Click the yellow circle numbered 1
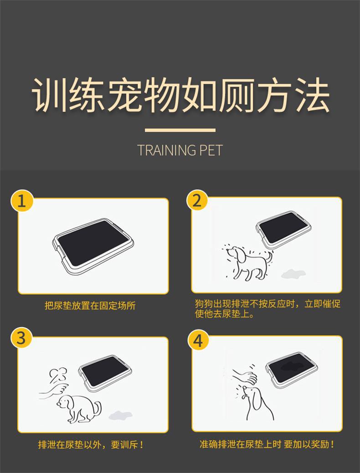pyautogui.click(x=22, y=201)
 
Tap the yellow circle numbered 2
pyautogui.click(x=197, y=201)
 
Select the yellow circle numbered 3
pyautogui.click(x=21, y=338)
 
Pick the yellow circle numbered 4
pyautogui.click(x=198, y=340)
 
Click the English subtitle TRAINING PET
pyautogui.click(x=180, y=150)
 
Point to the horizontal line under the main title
pyautogui.click(x=180, y=130)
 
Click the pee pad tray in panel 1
pyautogui.click(x=93, y=247)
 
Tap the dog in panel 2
pyautogui.click(x=247, y=262)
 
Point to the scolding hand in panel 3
pyautogui.click(x=54, y=389)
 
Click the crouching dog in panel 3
pyautogui.click(x=79, y=409)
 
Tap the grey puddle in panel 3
pyautogui.click(x=120, y=415)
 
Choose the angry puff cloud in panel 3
pyautogui.click(x=58, y=375)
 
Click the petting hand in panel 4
pyautogui.click(x=244, y=375)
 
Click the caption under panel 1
pyautogui.click(x=90, y=306)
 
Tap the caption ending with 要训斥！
pyautogui.click(x=91, y=444)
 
